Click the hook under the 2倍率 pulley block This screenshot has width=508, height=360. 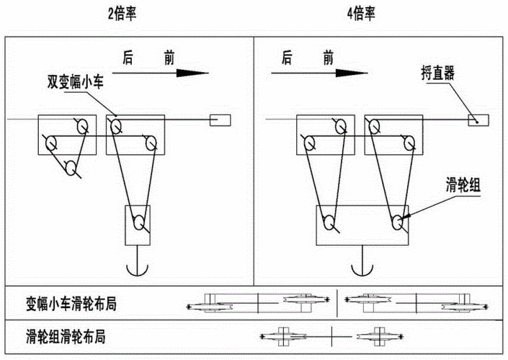tap(136, 268)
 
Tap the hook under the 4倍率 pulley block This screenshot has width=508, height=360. tap(362, 268)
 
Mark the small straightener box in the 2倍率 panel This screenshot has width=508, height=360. tap(220, 121)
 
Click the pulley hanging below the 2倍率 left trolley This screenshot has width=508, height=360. tap(71, 168)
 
